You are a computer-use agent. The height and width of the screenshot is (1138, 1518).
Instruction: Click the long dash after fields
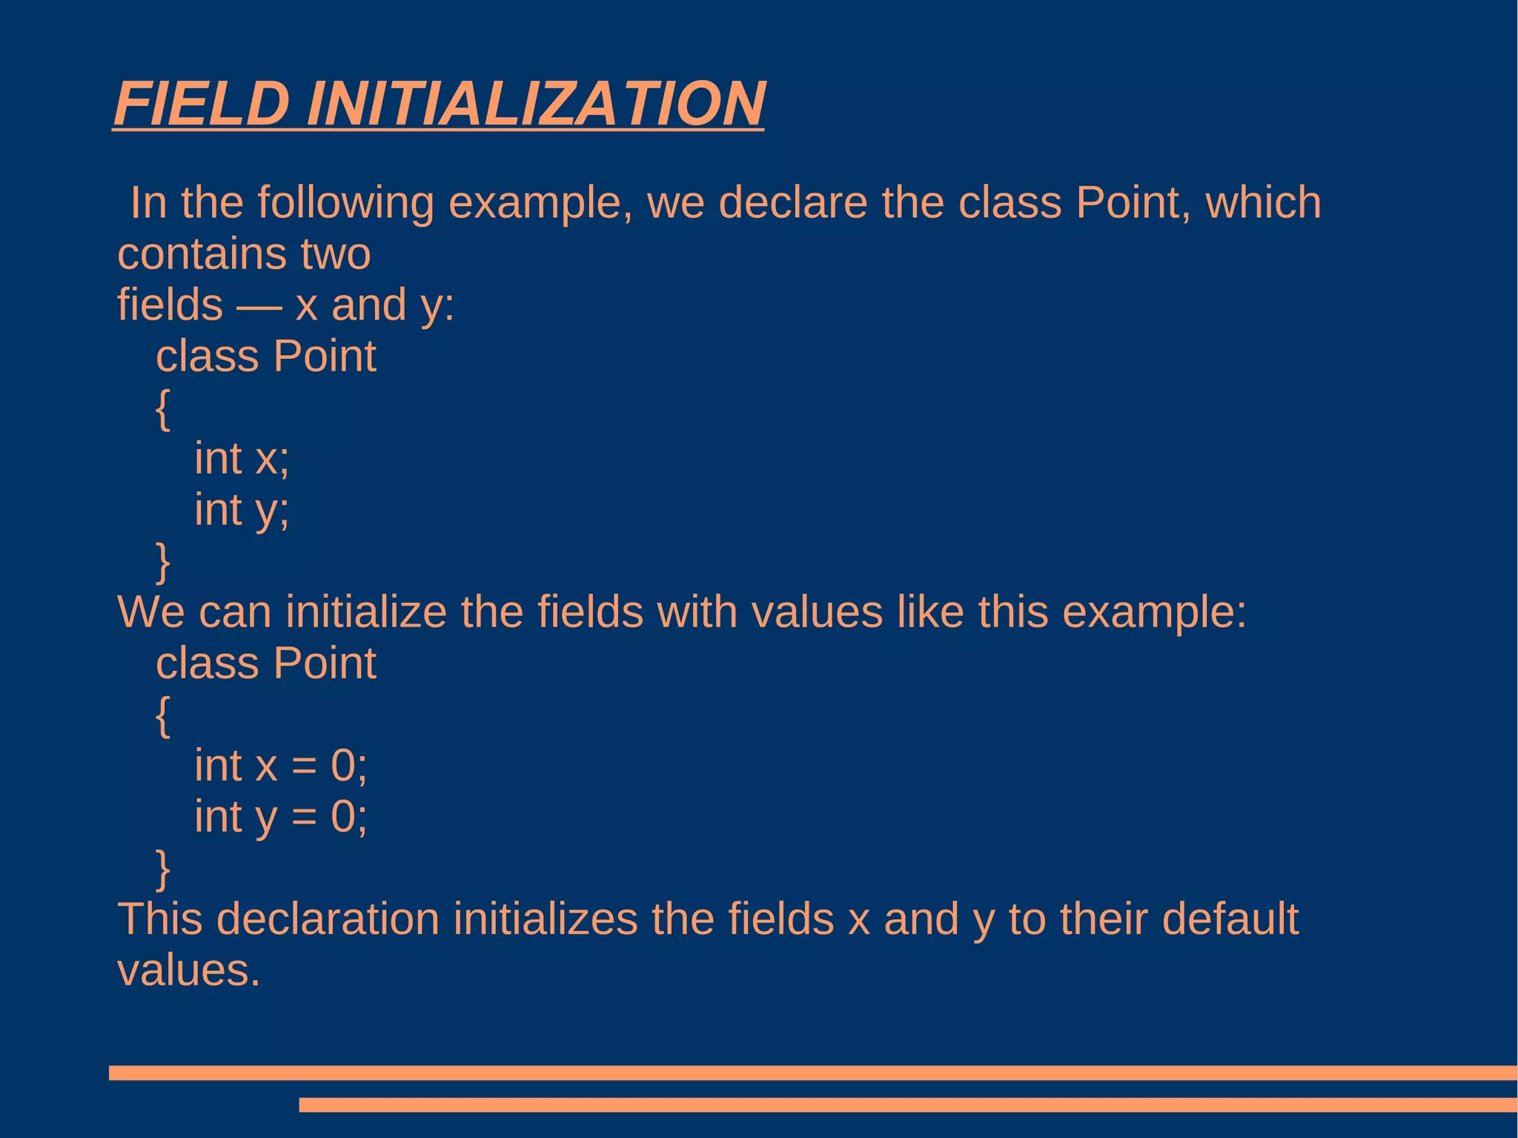pos(259,306)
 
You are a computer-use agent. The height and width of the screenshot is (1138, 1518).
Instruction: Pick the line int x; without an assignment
pos(242,458)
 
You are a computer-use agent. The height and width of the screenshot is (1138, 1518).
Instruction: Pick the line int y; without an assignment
pos(242,510)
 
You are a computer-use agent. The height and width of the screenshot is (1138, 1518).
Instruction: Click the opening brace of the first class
pos(163,408)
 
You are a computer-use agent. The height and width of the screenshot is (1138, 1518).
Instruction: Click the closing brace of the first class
pos(163,562)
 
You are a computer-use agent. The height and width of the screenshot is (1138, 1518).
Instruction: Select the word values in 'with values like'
pos(816,612)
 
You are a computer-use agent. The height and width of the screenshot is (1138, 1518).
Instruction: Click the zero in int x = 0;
pos(343,766)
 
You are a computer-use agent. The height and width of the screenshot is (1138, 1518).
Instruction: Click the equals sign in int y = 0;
pos(303,818)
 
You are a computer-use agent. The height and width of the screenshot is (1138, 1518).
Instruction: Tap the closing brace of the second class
pos(163,869)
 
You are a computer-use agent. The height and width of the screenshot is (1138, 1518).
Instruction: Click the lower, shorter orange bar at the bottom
pos(907,1105)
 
